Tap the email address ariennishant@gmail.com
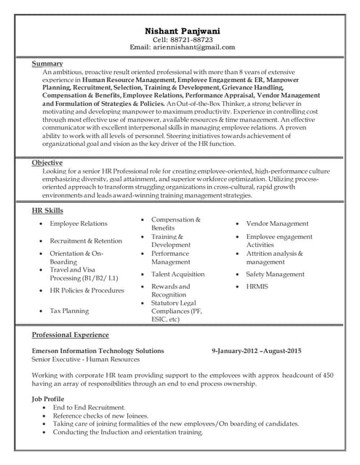[199, 47]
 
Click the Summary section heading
[47, 64]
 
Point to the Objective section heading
[47, 163]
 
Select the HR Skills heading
[47, 210]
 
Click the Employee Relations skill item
[78, 224]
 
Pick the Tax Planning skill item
[69, 311]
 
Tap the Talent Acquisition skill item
[177, 275]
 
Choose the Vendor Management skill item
[277, 224]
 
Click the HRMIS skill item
[257, 287]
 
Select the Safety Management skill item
[275, 275]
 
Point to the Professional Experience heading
[71, 335]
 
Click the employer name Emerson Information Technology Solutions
[98, 351]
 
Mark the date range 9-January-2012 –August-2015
[256, 351]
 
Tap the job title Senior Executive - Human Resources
[86, 360]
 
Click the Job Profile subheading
[48, 399]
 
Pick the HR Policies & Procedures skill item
[87, 291]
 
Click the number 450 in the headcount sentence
[327, 375]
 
